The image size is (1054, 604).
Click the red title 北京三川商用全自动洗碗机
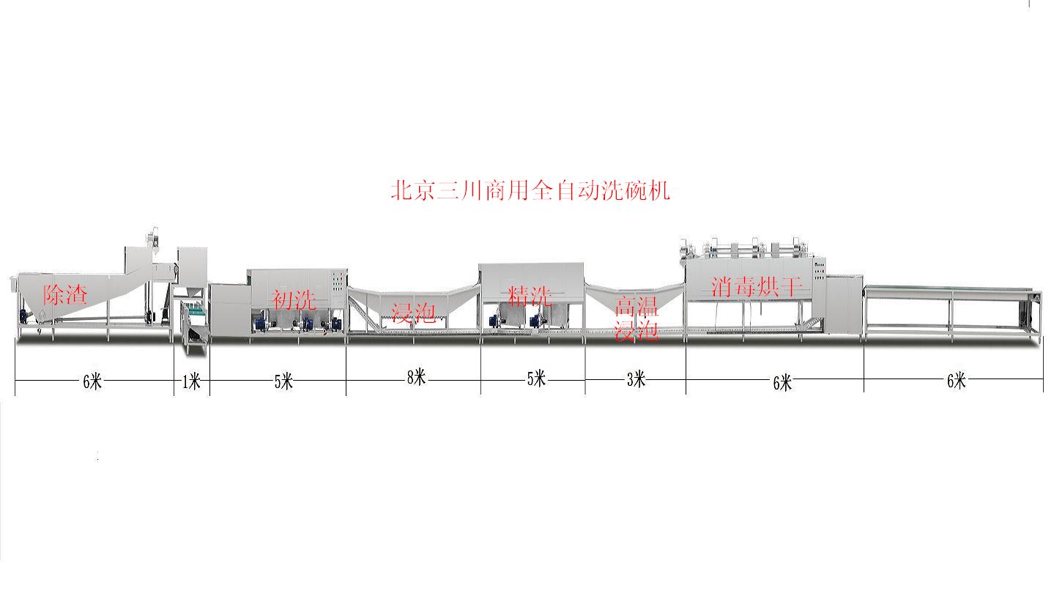click(530, 191)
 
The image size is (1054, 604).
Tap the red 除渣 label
click(65, 294)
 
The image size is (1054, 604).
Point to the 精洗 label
click(530, 296)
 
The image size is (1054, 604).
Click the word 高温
click(637, 305)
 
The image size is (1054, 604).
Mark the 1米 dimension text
click(191, 381)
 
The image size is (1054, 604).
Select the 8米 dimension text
click(416, 377)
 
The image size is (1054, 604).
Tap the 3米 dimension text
click(636, 379)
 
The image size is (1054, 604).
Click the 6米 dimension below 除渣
click(92, 381)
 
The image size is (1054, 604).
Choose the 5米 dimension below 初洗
click(283, 381)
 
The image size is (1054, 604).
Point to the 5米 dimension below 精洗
click(536, 379)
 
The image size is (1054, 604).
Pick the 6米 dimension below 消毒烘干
click(782, 382)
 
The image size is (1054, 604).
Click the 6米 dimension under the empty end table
click(957, 381)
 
